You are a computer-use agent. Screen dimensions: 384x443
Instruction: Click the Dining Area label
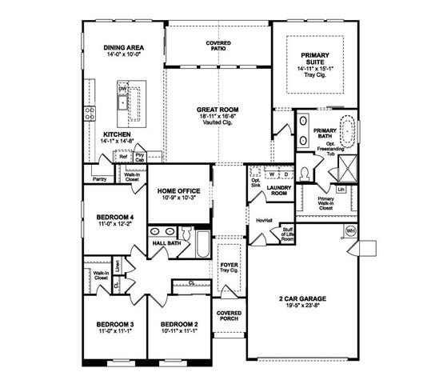click(123, 48)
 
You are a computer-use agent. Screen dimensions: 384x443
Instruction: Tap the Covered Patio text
click(218, 44)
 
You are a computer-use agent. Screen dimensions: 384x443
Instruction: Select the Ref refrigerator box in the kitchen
click(123, 157)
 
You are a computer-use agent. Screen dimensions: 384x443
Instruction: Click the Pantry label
click(99, 179)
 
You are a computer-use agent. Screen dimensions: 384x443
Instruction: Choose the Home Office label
click(178, 190)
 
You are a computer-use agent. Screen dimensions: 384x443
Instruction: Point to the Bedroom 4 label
click(115, 216)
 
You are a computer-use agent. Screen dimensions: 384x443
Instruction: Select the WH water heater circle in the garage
click(350, 230)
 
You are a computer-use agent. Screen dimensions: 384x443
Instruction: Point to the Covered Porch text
click(228, 315)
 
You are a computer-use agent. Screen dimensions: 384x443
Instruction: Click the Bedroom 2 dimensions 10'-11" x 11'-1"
click(179, 330)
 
